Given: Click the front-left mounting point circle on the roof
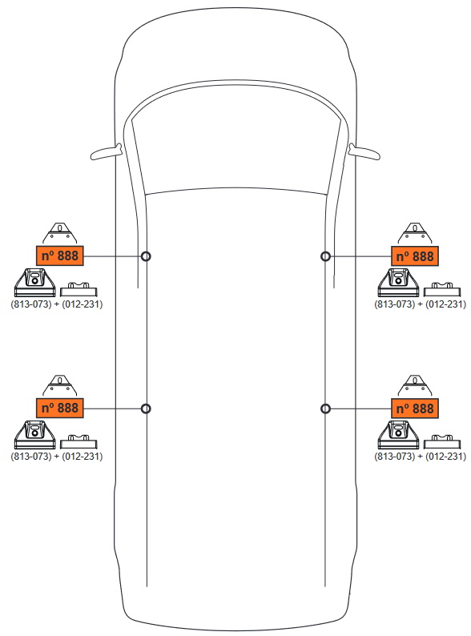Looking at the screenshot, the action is coord(142,256).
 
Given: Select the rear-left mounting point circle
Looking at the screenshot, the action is coord(142,409).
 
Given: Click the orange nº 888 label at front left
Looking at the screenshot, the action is coord(60,256).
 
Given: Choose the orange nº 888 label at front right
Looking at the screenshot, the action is coord(415,256).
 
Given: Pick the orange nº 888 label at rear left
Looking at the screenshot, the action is coord(60,408).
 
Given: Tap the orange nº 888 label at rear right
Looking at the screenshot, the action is coord(415,409).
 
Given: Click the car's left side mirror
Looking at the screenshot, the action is coord(106,153).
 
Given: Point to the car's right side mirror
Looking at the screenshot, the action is coord(364,153).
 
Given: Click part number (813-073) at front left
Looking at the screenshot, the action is coord(31,304).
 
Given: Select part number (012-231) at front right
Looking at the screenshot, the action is coord(446,304).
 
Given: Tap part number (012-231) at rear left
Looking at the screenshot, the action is coord(82,457).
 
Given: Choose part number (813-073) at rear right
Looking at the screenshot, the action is coord(395,457).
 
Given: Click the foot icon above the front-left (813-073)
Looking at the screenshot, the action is coord(35,283).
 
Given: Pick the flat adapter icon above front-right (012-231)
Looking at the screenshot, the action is coord(442,290).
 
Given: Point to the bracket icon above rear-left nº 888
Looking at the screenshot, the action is coord(60,386).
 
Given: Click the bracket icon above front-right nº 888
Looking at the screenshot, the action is coord(415,234).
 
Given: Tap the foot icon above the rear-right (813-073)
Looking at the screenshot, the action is coord(398,435).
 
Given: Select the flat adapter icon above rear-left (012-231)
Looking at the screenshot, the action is coord(78,441).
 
